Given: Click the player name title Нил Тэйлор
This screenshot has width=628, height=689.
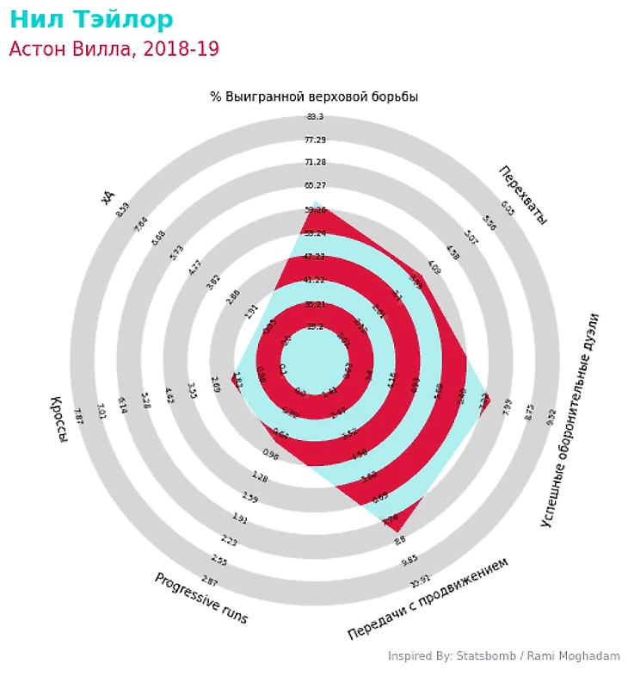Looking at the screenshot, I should (91, 20).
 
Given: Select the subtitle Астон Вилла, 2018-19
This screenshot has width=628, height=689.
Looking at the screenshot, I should (114, 49).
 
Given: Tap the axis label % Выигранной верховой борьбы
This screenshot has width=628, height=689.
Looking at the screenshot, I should (314, 96).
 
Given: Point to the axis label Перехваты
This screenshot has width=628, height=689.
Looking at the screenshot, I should (522, 195).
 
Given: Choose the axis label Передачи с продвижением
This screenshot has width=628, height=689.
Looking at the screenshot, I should (428, 598).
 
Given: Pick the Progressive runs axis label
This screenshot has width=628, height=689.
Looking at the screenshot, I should (201, 598).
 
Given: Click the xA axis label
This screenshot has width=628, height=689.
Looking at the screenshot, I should (108, 197).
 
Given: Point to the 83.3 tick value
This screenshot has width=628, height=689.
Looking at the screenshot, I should (314, 117).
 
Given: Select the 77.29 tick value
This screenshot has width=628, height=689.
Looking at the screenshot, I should (314, 140).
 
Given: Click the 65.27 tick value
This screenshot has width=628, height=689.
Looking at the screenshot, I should (314, 185).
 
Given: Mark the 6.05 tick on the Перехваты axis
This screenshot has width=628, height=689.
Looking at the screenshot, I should (508, 207).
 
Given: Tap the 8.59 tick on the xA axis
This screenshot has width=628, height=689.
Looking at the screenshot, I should (122, 209).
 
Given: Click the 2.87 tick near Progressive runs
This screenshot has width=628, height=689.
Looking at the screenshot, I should (209, 579).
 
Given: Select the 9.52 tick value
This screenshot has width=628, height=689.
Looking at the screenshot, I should (551, 417).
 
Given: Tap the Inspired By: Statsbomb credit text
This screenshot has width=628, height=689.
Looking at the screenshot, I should (503, 656).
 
